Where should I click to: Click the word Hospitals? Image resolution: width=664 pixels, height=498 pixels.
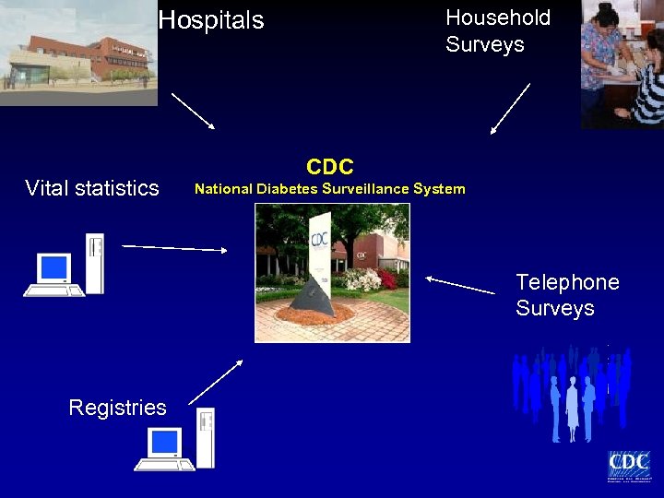point(210,20)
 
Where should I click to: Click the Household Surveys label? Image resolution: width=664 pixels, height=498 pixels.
point(497,31)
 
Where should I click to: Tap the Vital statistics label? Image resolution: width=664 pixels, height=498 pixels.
point(92,188)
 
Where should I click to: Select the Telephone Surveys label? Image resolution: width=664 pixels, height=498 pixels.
point(567,295)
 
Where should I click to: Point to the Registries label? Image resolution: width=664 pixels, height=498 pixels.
point(117,408)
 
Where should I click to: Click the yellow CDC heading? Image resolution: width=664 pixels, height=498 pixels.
point(329,167)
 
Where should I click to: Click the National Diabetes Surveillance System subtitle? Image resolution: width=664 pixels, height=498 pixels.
point(329,189)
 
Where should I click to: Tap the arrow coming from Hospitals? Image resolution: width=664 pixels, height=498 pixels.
point(194,111)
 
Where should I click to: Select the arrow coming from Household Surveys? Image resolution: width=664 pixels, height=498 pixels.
point(511,109)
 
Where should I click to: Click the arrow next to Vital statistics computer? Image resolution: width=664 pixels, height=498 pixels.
point(175,247)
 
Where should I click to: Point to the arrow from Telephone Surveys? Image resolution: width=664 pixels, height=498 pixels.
point(460,285)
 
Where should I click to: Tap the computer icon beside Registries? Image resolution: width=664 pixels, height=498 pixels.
point(175,440)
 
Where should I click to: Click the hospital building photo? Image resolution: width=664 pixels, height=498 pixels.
point(78,53)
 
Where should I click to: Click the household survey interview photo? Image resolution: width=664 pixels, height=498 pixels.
point(622,63)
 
